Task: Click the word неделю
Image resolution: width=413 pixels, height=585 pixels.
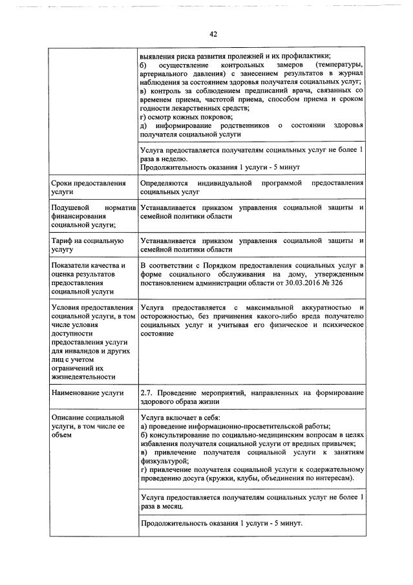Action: tap(174, 158)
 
